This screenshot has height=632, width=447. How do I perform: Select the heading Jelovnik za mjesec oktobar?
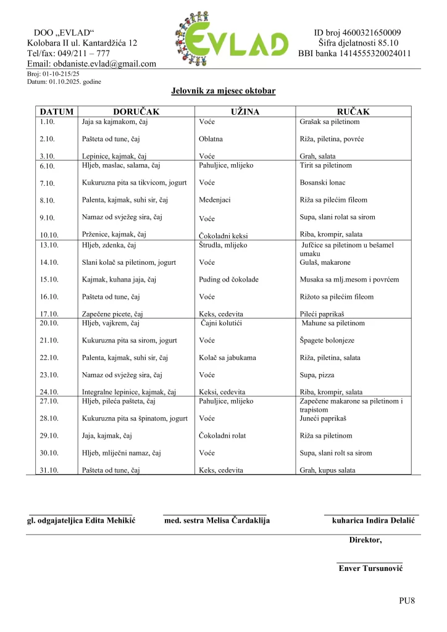[223, 91]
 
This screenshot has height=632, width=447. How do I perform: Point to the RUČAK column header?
[353, 112]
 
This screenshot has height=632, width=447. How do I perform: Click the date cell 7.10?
[48, 183]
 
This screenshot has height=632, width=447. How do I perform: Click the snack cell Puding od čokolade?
[229, 280]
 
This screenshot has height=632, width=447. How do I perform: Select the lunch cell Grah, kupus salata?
[327, 470]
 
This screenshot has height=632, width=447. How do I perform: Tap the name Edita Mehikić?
[110, 521]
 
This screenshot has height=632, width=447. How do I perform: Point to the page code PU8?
[407, 601]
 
